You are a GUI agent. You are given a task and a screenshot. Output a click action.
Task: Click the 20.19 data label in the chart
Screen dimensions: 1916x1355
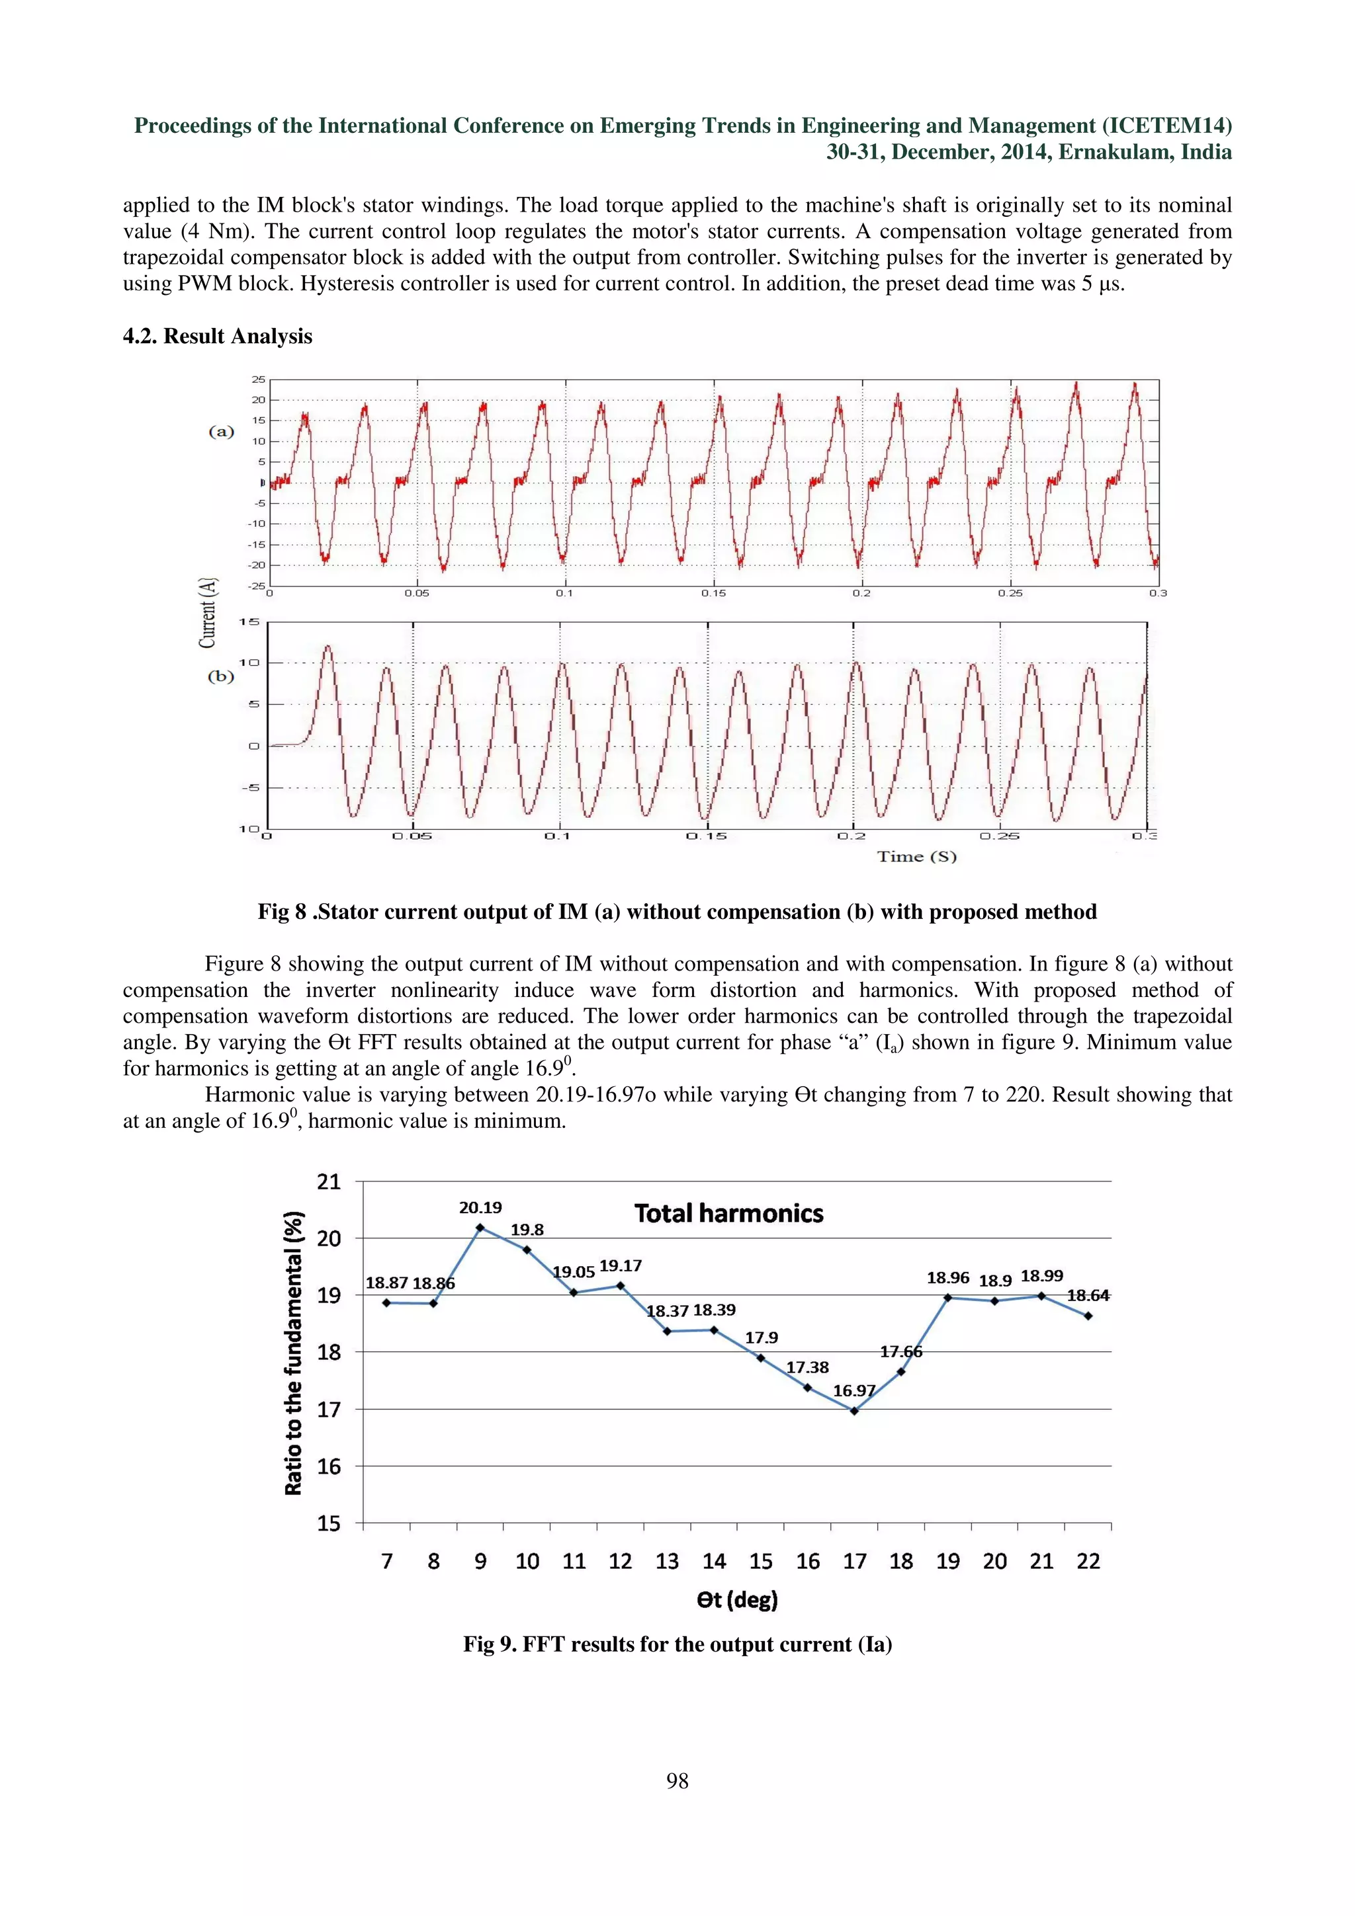(x=480, y=1207)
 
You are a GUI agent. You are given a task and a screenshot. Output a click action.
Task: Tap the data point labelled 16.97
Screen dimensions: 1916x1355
(x=854, y=1411)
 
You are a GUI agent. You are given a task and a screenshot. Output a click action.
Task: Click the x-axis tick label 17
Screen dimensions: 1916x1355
(x=854, y=1562)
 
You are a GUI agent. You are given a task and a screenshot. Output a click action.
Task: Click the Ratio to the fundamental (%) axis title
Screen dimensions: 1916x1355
(x=293, y=1353)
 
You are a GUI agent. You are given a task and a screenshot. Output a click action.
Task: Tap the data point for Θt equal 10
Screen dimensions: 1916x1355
(x=527, y=1250)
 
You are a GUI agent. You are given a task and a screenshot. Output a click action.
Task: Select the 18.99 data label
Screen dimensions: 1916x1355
(x=1042, y=1276)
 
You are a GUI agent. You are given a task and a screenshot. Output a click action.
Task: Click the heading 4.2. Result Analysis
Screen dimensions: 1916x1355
(x=217, y=337)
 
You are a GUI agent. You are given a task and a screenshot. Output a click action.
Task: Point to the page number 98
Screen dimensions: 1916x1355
(x=677, y=1781)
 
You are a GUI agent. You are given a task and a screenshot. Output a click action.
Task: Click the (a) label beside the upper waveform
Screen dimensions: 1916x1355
(x=221, y=432)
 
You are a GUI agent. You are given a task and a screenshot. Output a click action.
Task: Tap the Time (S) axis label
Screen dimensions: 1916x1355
(x=916, y=856)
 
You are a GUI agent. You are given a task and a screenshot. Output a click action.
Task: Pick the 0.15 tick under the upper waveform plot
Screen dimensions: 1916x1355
(x=713, y=593)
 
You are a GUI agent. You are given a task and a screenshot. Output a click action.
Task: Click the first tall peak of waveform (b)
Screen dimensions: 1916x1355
(x=328, y=646)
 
